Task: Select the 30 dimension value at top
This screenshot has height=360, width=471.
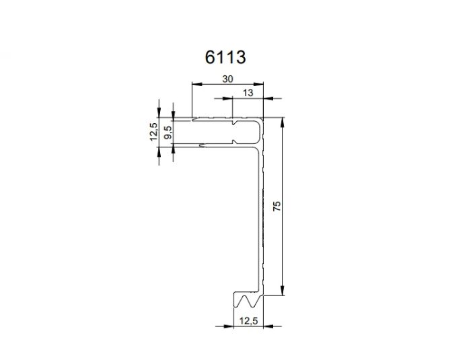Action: click(227, 79)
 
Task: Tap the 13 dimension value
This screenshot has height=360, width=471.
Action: click(248, 94)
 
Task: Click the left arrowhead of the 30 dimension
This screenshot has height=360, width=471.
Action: click(196, 85)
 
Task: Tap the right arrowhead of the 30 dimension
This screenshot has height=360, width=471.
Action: click(258, 85)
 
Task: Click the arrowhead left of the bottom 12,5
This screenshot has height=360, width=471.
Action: click(229, 326)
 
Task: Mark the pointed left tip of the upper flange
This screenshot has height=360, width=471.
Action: click(193, 120)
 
